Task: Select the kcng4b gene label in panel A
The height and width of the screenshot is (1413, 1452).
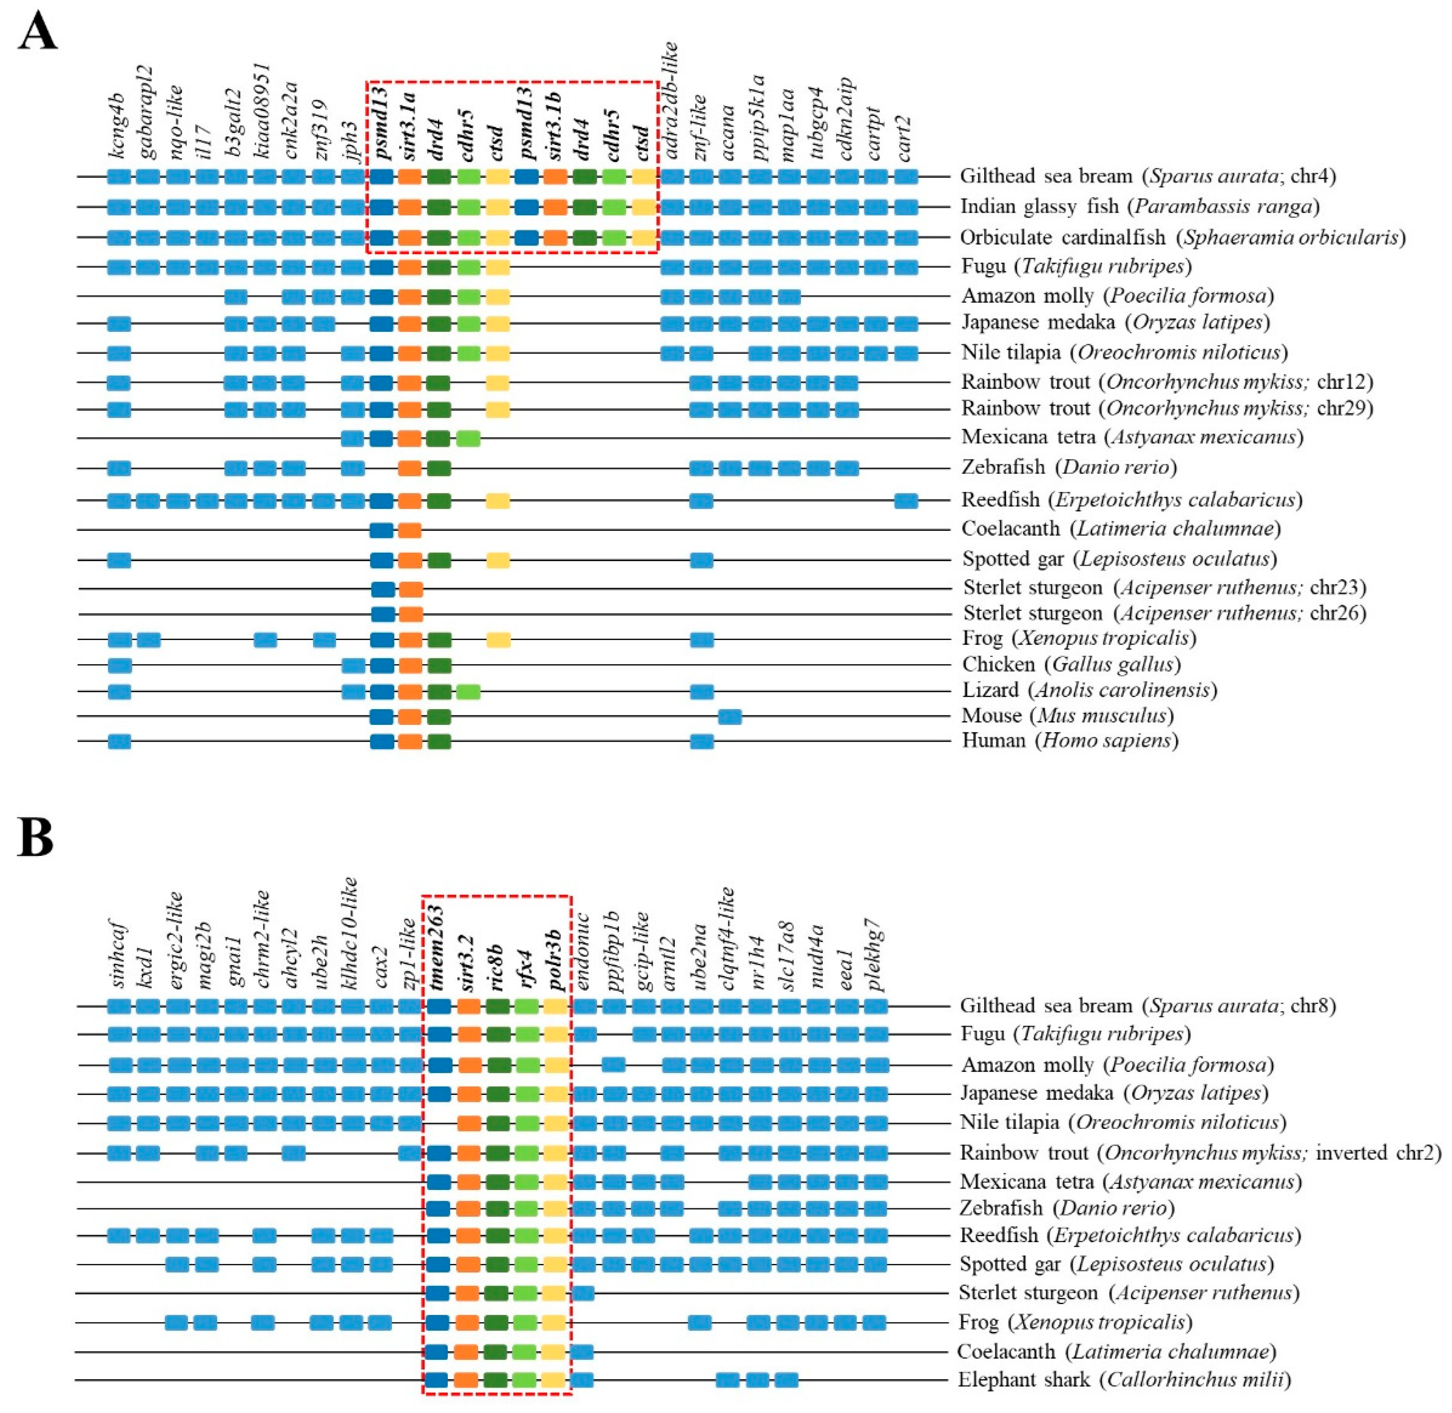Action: (119, 132)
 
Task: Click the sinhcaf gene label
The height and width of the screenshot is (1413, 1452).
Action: (119, 957)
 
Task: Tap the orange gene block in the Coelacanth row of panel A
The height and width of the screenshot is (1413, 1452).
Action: (409, 530)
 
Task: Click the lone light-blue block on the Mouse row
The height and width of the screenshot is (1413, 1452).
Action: (730, 716)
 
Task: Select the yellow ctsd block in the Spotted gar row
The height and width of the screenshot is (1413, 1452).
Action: (498, 560)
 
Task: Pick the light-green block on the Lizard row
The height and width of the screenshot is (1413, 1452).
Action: (468, 692)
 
